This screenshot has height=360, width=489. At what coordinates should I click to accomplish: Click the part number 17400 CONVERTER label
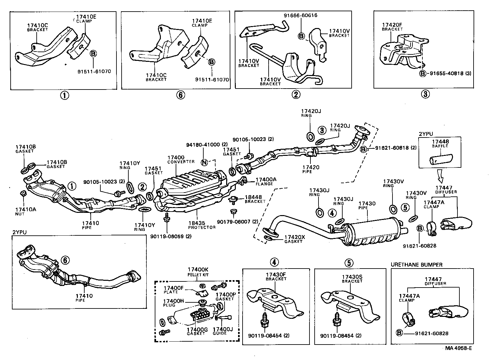click(180, 159)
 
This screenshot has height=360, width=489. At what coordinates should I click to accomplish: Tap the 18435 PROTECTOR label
click(202, 225)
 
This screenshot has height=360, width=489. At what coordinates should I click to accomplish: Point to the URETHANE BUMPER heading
click(417, 265)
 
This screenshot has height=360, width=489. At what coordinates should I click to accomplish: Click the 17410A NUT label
click(26, 211)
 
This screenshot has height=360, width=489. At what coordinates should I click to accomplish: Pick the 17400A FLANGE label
click(266, 182)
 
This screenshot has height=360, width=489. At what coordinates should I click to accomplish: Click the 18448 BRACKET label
click(255, 199)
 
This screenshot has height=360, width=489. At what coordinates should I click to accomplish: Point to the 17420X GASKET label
click(294, 239)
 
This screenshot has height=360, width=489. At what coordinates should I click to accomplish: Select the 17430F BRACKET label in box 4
click(276, 276)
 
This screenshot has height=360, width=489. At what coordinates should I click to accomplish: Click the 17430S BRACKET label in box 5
click(352, 279)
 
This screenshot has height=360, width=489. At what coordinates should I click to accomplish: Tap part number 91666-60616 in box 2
click(301, 15)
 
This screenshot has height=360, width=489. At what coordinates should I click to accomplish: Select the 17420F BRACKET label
click(392, 26)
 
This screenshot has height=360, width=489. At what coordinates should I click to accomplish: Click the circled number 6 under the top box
click(181, 95)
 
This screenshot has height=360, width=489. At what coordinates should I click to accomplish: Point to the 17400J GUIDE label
click(223, 331)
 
